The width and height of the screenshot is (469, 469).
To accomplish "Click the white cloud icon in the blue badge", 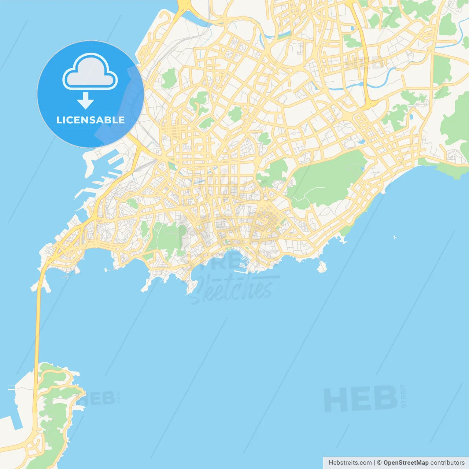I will click(90, 72).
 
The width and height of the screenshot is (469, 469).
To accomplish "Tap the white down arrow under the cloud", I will click(85, 101).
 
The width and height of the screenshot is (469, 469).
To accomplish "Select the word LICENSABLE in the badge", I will click(90, 120).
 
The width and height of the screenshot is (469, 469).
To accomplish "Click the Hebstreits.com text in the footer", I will click(350, 463).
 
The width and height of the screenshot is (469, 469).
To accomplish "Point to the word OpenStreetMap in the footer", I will click(406, 463).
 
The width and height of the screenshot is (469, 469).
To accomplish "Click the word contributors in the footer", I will click(447, 463).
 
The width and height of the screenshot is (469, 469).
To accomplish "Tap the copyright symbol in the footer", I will click(379, 463).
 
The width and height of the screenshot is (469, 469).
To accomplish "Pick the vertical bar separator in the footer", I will click(374, 463).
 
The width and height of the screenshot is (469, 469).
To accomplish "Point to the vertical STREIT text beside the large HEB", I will click(404, 396).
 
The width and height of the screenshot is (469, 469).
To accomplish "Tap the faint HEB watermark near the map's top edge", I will click(363, 63).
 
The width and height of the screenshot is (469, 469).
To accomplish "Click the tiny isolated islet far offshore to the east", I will click(395, 237).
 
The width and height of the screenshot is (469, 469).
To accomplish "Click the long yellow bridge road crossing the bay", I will click(37, 330).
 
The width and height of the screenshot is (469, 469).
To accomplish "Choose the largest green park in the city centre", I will click(326, 180).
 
